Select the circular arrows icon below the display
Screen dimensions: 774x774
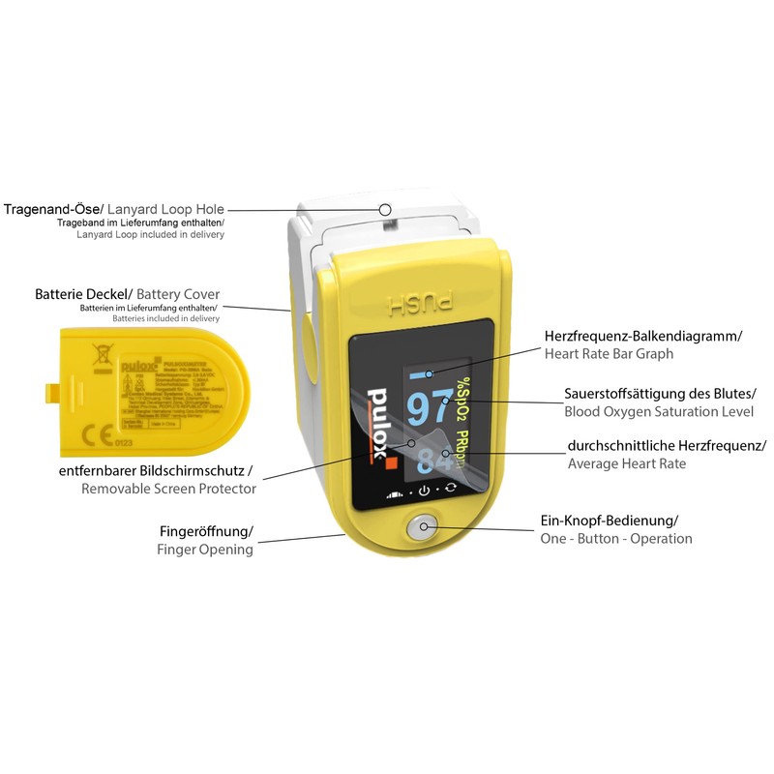coord(450,491)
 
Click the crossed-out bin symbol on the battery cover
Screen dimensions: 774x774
coord(98,359)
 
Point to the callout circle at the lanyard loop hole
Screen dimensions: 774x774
coord(385,208)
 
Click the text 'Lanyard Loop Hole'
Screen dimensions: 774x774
coord(165,209)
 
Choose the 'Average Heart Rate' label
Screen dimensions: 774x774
coord(627,463)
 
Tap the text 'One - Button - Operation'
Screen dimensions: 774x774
coord(616,538)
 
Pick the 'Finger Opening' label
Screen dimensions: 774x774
coord(205,550)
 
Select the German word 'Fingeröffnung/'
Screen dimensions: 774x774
coord(205,531)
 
